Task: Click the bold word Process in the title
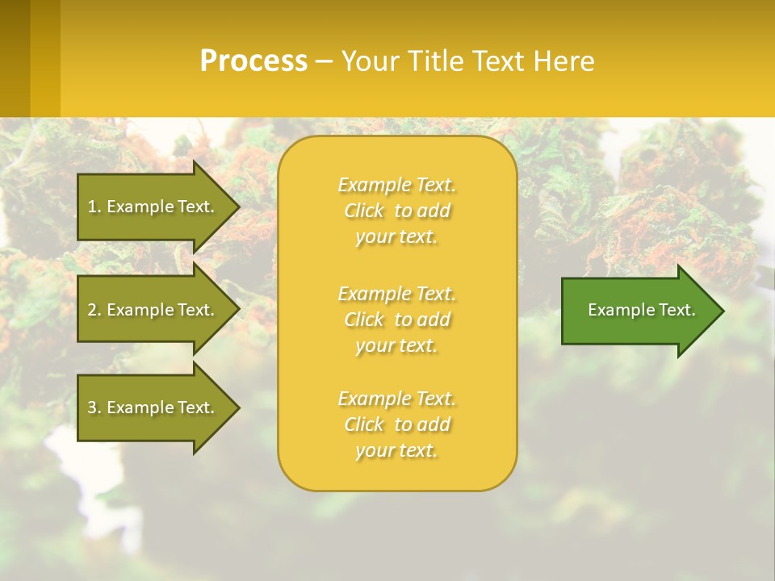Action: pyautogui.click(x=253, y=61)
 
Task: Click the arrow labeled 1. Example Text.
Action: pyautogui.click(x=153, y=207)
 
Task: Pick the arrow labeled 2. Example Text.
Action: pyautogui.click(x=153, y=310)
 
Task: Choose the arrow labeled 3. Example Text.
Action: pyautogui.click(x=153, y=408)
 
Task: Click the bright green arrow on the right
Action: pyautogui.click(x=638, y=311)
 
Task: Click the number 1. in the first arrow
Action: pyautogui.click(x=94, y=207)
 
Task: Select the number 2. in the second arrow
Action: pyautogui.click(x=94, y=310)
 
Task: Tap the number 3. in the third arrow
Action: pyautogui.click(x=94, y=408)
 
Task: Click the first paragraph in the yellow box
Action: pyautogui.click(x=396, y=211)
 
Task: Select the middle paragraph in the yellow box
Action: pyautogui.click(x=396, y=320)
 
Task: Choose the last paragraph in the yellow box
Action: pyautogui.click(x=396, y=424)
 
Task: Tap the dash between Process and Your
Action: pyautogui.click(x=324, y=62)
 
